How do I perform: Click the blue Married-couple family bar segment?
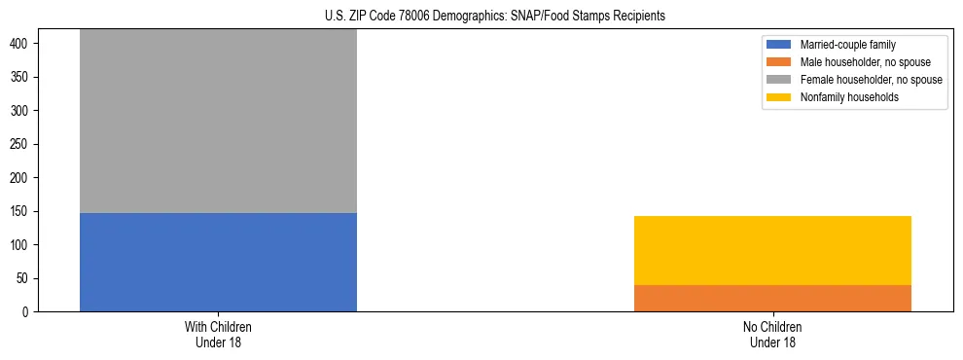coord(218,262)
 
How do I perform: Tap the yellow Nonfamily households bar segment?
coord(772,250)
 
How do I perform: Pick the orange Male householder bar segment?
coord(772,298)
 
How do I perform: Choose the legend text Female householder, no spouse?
coord(871,80)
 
